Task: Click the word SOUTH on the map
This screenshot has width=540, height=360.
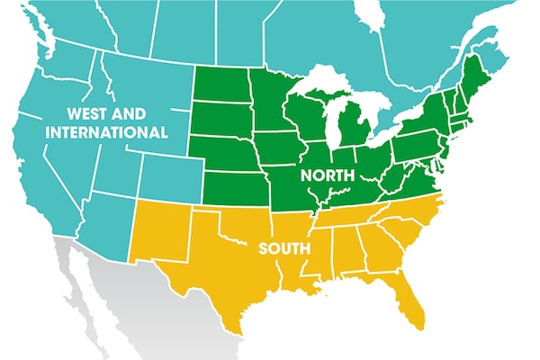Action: point(284,246)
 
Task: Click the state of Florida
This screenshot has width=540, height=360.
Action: point(409,301)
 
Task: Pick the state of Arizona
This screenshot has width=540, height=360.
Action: point(103,220)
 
